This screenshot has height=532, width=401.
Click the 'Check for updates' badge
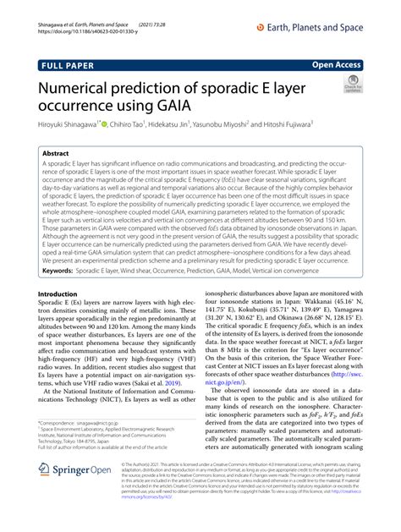coord(351,85)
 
